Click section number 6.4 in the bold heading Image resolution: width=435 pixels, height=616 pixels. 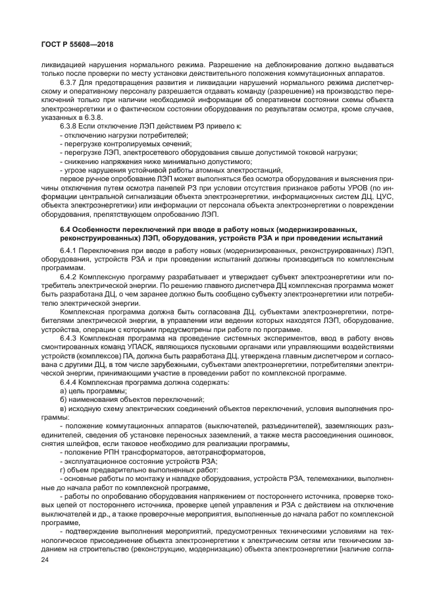pos(67,228)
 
